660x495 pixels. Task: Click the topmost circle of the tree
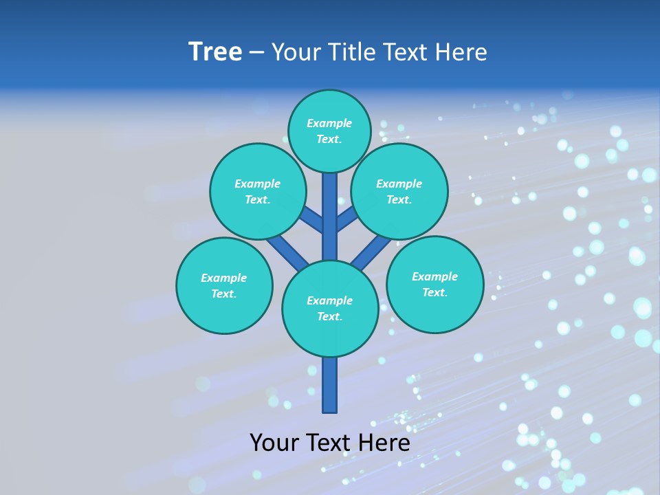coord(330,131)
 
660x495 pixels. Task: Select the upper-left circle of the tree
coord(258,191)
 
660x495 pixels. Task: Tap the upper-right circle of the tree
coord(399,191)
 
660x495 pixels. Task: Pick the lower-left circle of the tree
coord(224,285)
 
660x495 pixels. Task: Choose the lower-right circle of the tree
coord(434,284)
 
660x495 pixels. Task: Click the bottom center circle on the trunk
coord(330,309)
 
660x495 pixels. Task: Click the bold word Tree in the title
coord(215,52)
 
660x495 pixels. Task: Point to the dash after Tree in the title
coord(256,53)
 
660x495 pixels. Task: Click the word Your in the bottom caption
coord(274,442)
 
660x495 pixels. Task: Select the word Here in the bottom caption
coord(384,442)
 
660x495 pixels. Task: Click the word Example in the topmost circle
coord(329,123)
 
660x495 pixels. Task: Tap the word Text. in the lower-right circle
coord(434,292)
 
